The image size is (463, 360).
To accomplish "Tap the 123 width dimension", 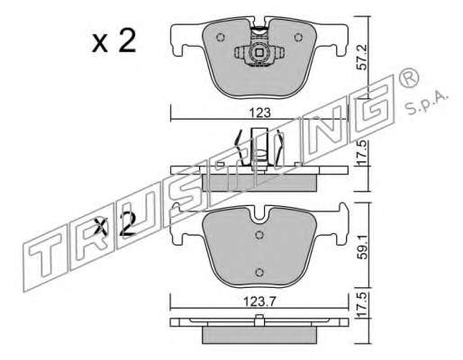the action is pos(260,113).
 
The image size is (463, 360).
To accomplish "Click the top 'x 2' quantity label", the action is pos(114,42).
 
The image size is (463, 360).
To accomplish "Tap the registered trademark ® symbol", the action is pos(408,77).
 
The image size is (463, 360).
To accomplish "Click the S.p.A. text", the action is pos(427,104).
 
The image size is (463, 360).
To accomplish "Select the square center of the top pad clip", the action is pos(259,53).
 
